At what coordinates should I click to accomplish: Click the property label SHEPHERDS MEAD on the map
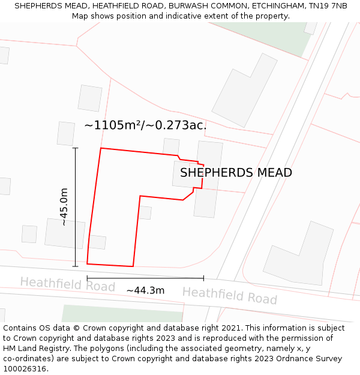tap(236, 173)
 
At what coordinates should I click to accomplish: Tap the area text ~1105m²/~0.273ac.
tap(145, 125)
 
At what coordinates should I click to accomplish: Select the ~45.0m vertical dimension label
tap(64, 206)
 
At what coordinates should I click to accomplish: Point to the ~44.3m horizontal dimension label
tap(145, 290)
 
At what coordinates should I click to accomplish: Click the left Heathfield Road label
tap(67, 284)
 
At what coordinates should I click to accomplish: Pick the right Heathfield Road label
tap(229, 295)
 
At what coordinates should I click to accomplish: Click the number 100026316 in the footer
tap(25, 369)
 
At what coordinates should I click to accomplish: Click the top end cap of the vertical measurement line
tap(75, 148)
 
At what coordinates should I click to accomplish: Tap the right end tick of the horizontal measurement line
tap(203, 278)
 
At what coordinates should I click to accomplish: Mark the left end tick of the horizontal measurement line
tap(87, 278)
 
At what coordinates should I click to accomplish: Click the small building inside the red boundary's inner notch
tap(145, 212)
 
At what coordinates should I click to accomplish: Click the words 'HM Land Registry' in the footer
tap(33, 349)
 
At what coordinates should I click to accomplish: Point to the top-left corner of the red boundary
tap(101, 148)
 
